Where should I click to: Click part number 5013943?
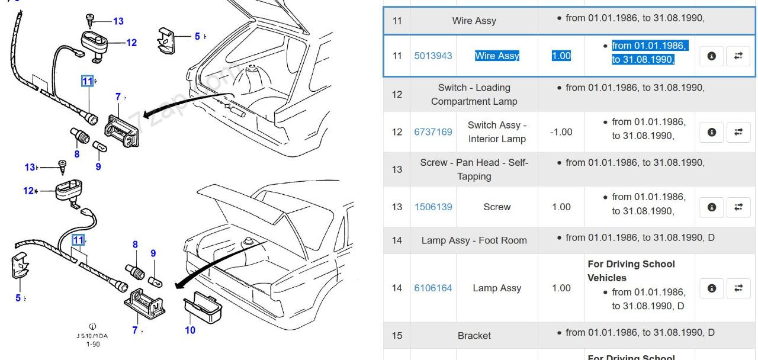[x=433, y=56]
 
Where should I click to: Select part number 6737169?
[x=433, y=132]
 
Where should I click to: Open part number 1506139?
[x=433, y=207]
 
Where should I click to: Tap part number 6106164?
[x=433, y=288]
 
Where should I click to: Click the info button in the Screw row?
[x=711, y=207]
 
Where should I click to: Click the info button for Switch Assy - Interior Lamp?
[x=711, y=132]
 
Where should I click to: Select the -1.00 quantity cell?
[x=561, y=132]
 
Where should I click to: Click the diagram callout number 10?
[x=190, y=330]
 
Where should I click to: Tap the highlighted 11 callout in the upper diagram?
[x=87, y=81]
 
